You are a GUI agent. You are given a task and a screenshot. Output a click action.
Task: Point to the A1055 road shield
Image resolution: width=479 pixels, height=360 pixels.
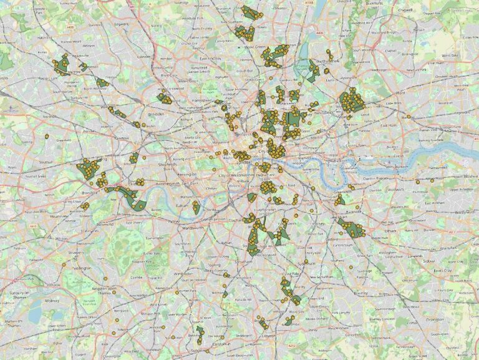coord(310,3)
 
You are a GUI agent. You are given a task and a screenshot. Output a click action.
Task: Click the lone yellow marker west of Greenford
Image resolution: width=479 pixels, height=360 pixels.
coord(46,136)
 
